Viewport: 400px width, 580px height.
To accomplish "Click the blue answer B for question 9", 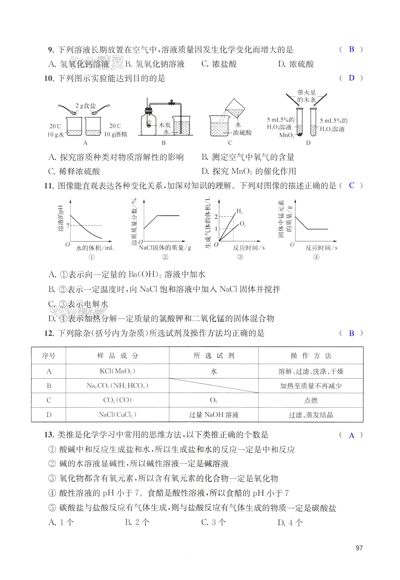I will tap(351, 49).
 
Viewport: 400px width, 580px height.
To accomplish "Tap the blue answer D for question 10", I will tap(351, 78).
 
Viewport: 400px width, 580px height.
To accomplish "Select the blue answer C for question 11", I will tap(352, 186).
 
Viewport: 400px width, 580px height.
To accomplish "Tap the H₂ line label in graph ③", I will tap(239, 212).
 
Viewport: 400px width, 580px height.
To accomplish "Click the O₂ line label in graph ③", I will tap(243, 224).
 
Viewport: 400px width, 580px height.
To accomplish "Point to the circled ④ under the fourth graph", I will tap(316, 257).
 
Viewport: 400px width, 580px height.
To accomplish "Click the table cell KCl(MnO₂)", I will tap(117, 371).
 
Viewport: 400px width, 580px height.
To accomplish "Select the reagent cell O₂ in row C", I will tap(213, 400).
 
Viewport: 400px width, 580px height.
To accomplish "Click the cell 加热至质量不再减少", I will tap(311, 386).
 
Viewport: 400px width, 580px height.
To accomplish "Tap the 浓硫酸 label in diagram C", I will tap(242, 132).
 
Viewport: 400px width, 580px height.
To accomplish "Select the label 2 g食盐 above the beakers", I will tap(86, 106).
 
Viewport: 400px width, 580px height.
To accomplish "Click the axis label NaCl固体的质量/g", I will tap(165, 248).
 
